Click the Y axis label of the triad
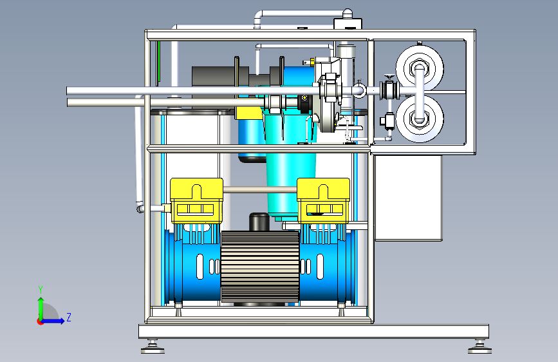point(41,289)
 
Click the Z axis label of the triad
point(69,317)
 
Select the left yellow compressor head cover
point(196,200)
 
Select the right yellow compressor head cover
point(323,200)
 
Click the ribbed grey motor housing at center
point(260,267)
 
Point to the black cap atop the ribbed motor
point(259,222)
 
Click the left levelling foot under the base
point(153,347)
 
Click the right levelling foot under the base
point(479,347)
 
